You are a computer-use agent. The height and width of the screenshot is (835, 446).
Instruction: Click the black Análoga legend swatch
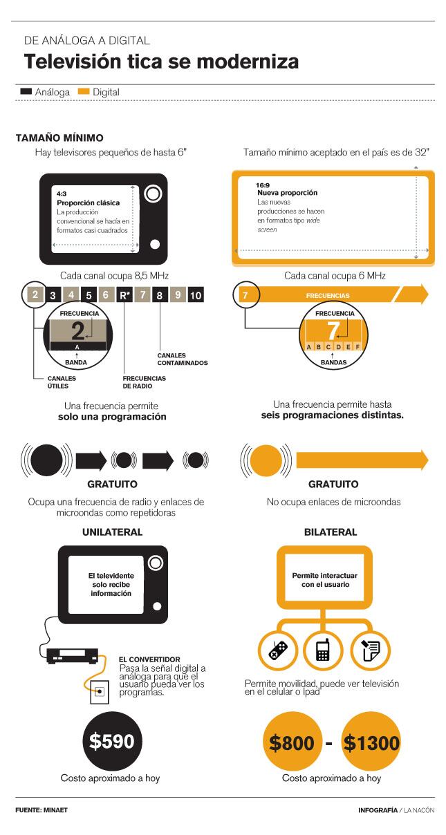26,91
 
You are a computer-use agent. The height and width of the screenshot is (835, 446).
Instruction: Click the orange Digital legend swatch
84,91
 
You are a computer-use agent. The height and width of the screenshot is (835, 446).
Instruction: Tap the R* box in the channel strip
124,295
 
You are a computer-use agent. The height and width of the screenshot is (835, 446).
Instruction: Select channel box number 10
196,295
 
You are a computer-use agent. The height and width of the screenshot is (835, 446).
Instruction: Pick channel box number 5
89,295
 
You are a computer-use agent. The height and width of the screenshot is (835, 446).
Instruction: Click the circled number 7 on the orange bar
245,295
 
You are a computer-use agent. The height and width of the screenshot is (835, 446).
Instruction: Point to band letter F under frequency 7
357,347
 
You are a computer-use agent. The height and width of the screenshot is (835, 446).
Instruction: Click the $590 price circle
112,741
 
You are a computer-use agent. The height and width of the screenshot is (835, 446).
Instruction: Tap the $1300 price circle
371,742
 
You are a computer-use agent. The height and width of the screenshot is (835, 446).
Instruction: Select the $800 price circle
292,742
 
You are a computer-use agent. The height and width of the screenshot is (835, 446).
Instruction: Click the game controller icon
278,650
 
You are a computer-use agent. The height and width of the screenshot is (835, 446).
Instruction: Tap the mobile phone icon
322,650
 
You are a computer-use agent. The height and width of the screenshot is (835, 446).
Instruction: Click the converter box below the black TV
73,655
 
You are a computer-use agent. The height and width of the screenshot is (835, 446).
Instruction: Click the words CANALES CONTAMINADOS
183,359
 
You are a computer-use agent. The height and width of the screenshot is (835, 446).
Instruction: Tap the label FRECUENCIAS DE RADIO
145,382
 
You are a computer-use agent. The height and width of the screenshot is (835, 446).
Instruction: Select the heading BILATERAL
331,532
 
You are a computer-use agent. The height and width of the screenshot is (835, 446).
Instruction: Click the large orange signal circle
266,461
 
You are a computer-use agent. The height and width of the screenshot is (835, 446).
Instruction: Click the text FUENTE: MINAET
41,809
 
